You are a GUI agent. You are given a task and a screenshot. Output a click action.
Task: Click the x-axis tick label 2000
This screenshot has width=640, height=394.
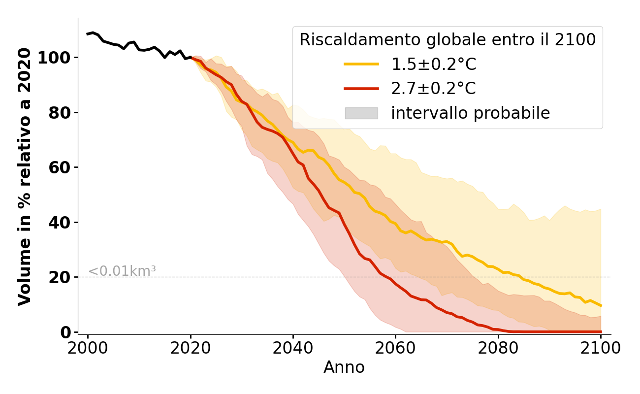[x=88, y=348]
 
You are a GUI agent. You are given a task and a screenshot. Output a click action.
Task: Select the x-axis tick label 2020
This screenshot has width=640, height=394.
[x=191, y=348]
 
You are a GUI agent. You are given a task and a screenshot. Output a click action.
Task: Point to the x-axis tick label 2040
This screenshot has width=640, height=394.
[x=293, y=348]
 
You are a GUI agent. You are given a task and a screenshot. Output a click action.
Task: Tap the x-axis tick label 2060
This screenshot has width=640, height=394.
[x=395, y=348]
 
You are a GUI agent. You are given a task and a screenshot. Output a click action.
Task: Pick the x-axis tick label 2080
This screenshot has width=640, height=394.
[x=498, y=348]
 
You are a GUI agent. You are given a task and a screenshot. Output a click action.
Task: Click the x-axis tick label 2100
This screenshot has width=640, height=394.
[x=601, y=348]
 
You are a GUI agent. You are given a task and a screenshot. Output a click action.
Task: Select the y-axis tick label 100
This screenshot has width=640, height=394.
[x=55, y=58]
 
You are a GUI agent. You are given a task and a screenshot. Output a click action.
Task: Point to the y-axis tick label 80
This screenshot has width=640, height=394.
[x=60, y=113]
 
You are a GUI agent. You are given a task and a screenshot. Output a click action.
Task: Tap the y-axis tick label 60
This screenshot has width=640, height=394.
[x=60, y=167]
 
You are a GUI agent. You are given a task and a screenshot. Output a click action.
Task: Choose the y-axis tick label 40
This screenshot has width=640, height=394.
[x=60, y=223]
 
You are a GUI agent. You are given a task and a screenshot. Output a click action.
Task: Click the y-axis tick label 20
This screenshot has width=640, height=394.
[x=60, y=277]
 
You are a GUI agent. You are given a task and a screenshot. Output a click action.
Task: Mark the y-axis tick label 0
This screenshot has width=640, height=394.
[x=65, y=332]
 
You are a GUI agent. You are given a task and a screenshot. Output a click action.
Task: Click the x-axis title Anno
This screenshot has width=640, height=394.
[x=344, y=367]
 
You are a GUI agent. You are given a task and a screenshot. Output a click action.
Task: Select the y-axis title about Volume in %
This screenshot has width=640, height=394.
[x=25, y=176]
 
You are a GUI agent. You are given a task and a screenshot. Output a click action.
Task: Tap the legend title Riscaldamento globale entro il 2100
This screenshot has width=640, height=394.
[x=448, y=40]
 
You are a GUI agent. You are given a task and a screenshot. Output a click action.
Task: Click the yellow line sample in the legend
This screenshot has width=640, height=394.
[x=361, y=64]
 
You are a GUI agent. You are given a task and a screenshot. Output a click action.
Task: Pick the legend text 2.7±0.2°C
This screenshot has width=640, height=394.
[x=433, y=89]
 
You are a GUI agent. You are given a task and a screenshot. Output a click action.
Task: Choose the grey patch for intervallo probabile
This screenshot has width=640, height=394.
[x=361, y=113]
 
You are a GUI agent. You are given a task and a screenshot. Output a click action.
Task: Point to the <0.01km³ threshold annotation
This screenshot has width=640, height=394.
[x=122, y=271]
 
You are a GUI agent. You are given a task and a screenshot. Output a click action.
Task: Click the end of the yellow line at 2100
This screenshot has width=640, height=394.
[x=601, y=305]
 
